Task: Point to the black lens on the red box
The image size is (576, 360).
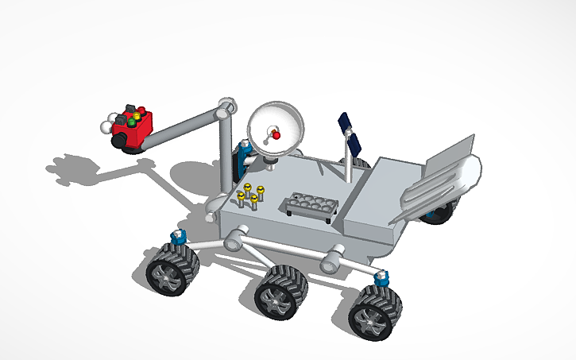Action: click(118, 141)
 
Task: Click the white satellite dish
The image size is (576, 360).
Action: click(274, 128)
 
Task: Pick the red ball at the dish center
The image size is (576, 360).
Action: click(276, 135)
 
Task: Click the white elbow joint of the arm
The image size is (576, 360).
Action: click(226, 106)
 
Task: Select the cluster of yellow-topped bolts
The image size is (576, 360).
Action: click(252, 194)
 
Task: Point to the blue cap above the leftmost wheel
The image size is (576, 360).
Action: click(179, 236)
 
